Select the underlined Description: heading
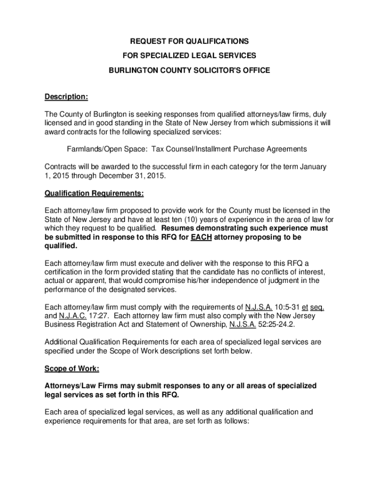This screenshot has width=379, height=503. [x=66, y=97]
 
